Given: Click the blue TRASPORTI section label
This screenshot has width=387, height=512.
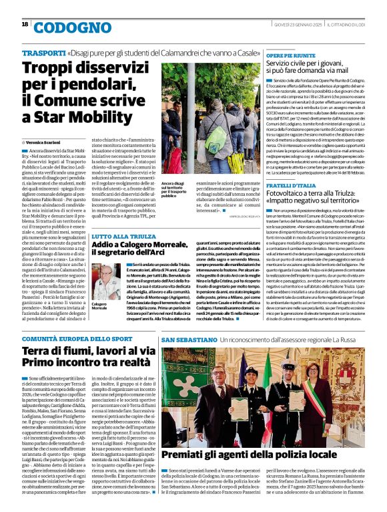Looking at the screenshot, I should [x=43, y=52].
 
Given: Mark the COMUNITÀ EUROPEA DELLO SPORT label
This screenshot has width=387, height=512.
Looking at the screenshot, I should [x=74, y=340].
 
